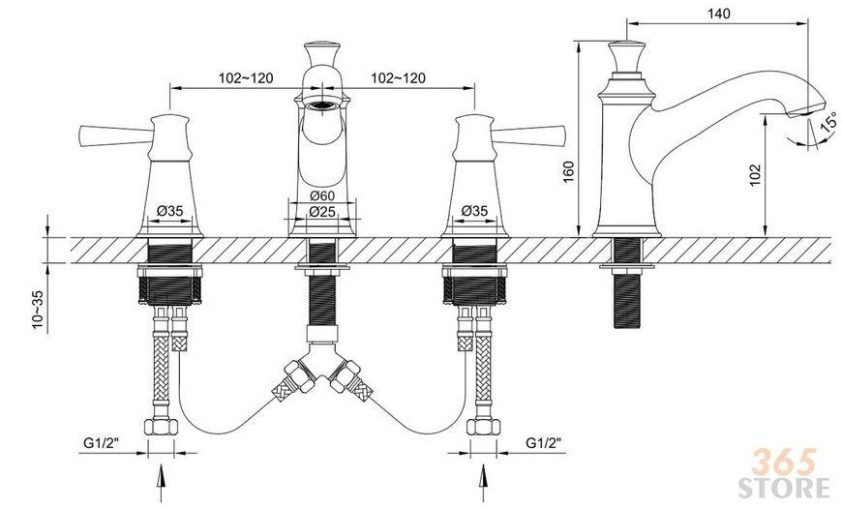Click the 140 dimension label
[x=719, y=14]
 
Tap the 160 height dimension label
[x=569, y=172]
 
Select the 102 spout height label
[x=756, y=175]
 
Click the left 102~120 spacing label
[x=246, y=78]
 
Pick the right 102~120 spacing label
[x=399, y=78]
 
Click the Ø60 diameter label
[x=322, y=194]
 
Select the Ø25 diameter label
[x=322, y=212]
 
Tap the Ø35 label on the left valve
[x=169, y=211]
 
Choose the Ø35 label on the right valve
[x=474, y=211]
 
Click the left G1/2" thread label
[x=101, y=443]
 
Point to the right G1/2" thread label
[x=544, y=443]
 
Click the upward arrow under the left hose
[x=161, y=483]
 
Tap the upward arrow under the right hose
[x=483, y=483]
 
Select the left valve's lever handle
[x=114, y=135]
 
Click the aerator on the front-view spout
[x=322, y=105]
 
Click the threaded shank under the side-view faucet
[x=627, y=283]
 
